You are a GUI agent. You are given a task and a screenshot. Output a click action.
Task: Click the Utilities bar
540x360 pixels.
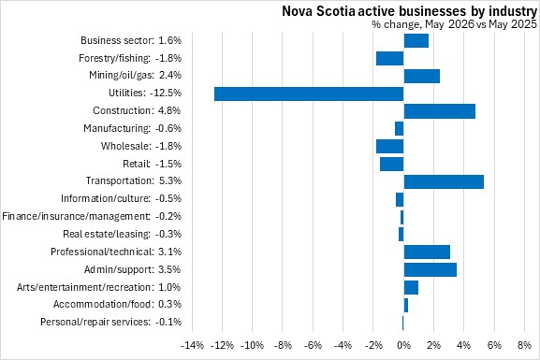pyautogui.click(x=309, y=94)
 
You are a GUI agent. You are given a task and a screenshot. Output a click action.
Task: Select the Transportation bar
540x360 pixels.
pyautogui.click(x=444, y=181)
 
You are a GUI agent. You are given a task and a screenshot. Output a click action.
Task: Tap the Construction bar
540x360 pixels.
pyautogui.click(x=440, y=111)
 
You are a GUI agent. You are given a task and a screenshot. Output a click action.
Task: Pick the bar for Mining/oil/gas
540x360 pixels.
pyautogui.click(x=421, y=76)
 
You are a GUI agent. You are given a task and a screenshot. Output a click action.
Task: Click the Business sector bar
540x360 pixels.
pyautogui.click(x=416, y=40)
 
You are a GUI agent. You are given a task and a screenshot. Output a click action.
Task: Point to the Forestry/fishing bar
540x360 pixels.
pyautogui.click(x=390, y=59)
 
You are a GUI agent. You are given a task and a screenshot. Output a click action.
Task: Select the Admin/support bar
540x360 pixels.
pyautogui.click(x=431, y=270)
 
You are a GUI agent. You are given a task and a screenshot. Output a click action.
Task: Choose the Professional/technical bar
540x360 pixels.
pyautogui.click(x=427, y=252)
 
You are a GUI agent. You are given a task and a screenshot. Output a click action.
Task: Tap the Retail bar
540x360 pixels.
pyautogui.click(x=392, y=165)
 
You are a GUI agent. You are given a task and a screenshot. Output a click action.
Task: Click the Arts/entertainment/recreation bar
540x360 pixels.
pyautogui.click(x=411, y=288)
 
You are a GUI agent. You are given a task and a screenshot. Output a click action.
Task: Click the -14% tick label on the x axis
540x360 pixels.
pyautogui.click(x=192, y=345)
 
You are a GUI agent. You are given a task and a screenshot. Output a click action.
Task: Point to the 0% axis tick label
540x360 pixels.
pyautogui.click(x=403, y=345)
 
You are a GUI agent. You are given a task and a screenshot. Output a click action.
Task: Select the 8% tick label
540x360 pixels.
pyautogui.click(x=524, y=345)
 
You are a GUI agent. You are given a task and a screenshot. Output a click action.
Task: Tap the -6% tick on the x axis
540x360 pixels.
pyautogui.click(x=313, y=345)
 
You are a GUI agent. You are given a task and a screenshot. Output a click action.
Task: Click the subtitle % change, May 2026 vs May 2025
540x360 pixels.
pyautogui.click(x=454, y=24)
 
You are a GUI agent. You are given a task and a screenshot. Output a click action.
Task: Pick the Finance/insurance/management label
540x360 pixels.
pyautogui.click(x=76, y=217)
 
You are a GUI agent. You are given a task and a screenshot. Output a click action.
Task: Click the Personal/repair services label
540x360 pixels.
pyautogui.click(x=95, y=323)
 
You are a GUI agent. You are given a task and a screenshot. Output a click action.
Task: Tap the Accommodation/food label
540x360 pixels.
pyautogui.click(x=102, y=305)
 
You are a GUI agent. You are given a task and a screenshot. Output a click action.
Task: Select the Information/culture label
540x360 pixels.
pyautogui.click(x=106, y=199)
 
